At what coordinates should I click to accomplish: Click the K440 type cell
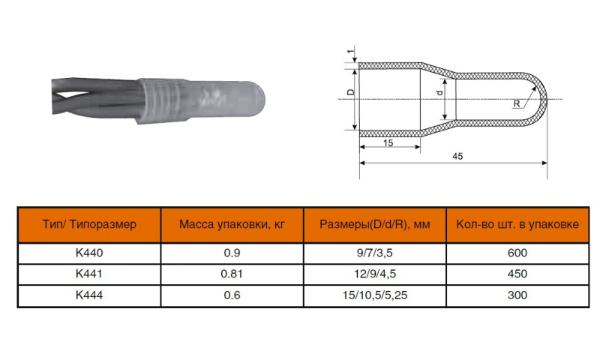pos(89,253)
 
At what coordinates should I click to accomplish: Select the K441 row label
pos(89,274)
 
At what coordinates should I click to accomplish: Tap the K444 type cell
pos(89,295)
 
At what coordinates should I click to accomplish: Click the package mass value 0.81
pos(232,274)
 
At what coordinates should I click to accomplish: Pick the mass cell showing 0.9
pos(232,253)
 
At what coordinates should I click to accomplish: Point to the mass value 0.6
pos(232,295)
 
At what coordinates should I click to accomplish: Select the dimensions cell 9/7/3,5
pos(374,253)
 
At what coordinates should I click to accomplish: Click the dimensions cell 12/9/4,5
pos(374,274)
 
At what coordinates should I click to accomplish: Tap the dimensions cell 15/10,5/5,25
pos(374,295)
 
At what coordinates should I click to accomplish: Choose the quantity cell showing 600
pos(517,253)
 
